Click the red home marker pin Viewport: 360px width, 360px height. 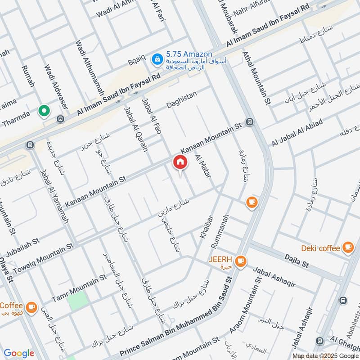[180, 162]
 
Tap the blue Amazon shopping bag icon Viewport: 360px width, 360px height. [157, 58]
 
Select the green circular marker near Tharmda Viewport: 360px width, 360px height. [44, 110]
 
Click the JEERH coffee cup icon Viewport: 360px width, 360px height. [241, 260]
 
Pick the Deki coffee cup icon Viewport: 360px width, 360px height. [347, 247]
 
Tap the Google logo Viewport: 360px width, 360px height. [19, 353]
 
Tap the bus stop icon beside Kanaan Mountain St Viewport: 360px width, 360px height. [250, 122]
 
